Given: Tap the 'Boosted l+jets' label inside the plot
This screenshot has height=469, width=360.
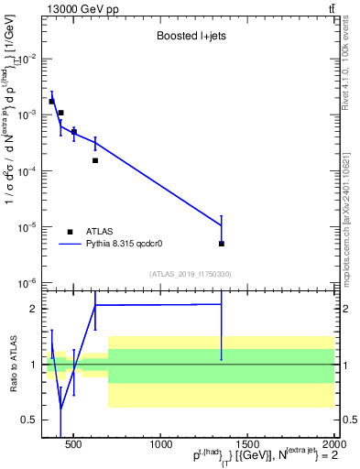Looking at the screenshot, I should [191, 37].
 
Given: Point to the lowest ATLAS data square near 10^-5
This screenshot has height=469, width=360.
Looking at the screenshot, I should [222, 244].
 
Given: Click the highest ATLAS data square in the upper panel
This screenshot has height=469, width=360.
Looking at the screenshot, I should [51, 102].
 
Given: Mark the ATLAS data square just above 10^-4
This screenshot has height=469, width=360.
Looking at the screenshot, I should [95, 160].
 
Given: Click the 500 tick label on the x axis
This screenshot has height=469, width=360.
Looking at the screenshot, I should [74, 446].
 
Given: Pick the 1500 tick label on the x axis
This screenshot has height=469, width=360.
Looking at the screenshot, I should [248, 446].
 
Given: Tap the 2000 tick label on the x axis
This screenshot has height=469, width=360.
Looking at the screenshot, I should [333, 446].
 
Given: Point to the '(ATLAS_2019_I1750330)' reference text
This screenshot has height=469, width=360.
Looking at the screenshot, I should [190, 274].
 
